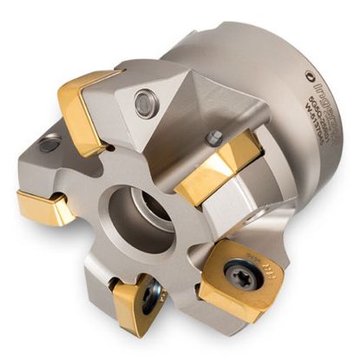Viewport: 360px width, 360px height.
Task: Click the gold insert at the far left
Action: (46, 206)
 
